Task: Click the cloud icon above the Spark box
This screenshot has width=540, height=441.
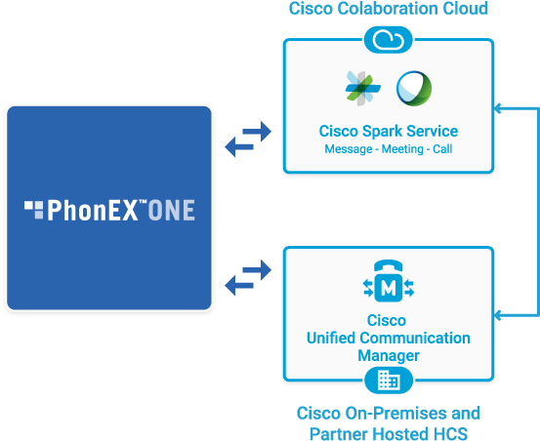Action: [x=388, y=39]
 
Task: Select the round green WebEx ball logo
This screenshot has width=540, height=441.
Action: [x=413, y=88]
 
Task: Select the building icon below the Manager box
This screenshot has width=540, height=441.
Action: [x=389, y=381]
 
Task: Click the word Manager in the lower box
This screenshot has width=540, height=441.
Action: [x=389, y=356]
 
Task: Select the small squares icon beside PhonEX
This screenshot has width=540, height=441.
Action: [x=34, y=208]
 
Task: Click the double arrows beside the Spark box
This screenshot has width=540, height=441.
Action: [x=249, y=140]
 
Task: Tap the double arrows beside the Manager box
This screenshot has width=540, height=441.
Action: [x=249, y=277]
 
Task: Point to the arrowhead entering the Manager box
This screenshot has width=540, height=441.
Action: [x=499, y=315]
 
